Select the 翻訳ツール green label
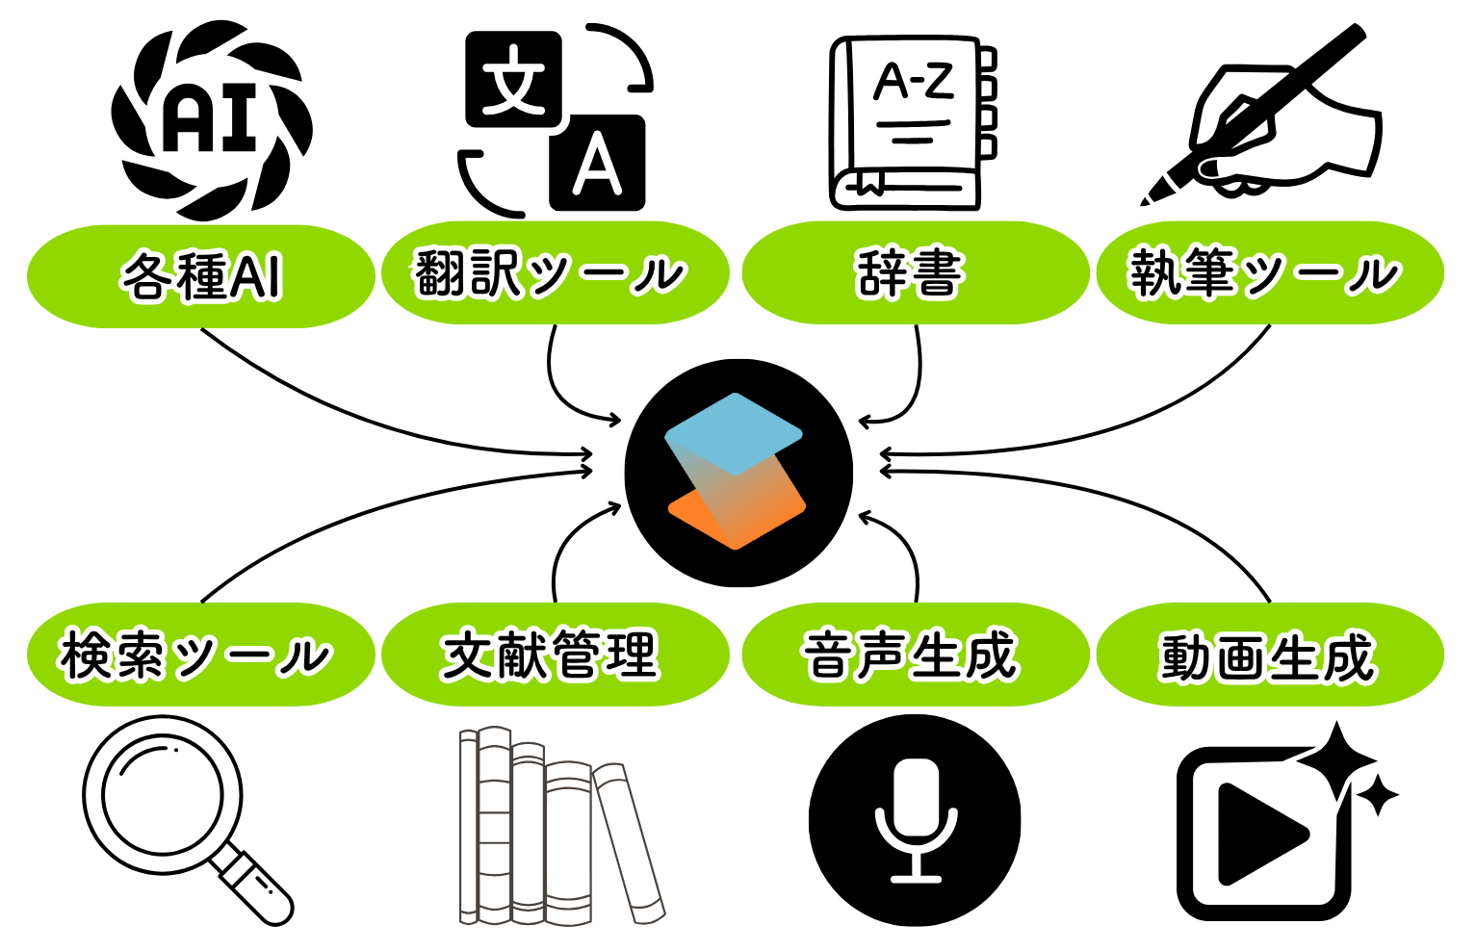click(x=555, y=273)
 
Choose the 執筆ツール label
click(x=1269, y=273)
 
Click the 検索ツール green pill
click(x=200, y=655)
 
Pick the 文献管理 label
click(x=555, y=655)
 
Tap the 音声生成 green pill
click(x=915, y=655)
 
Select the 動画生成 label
click(x=1269, y=655)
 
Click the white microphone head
click(x=916, y=794)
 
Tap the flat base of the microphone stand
click(x=916, y=878)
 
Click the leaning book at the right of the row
click(x=629, y=842)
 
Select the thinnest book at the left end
click(x=469, y=826)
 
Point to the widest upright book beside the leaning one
click(x=568, y=842)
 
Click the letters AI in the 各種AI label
click(x=256, y=277)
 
